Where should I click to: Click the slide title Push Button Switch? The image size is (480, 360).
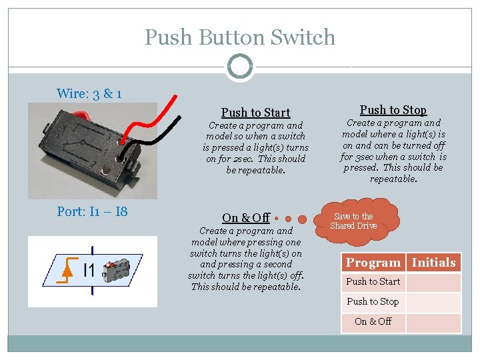240,37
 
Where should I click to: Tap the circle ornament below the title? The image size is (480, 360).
240,67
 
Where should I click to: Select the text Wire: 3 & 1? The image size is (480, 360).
89,93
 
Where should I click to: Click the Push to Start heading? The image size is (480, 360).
255,113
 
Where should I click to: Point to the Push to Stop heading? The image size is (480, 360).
393,110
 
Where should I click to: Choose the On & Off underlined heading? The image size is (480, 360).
246,217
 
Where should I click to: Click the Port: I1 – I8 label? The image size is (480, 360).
93,212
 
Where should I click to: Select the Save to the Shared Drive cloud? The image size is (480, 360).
355,221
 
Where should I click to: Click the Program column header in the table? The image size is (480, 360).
373,263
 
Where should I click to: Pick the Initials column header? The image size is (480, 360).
433,263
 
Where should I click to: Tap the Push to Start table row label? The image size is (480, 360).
373,282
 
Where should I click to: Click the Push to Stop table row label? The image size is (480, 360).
373,302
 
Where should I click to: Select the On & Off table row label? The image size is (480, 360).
373,322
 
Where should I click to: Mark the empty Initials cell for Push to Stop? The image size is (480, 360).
433,302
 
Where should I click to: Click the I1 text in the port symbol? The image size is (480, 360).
90,271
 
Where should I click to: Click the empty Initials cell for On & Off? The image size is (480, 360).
433,322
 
